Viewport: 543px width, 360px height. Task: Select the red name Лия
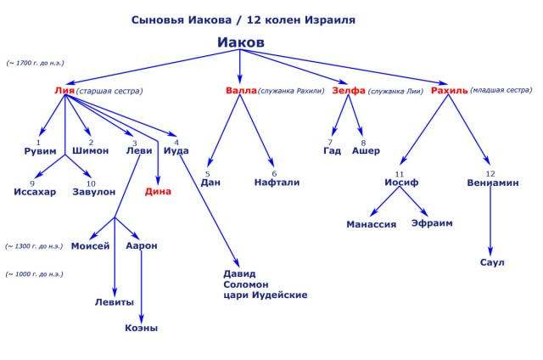pyautogui.click(x=64, y=90)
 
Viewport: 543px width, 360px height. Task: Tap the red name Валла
pyautogui.click(x=241, y=90)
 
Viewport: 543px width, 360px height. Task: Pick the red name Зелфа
pyautogui.click(x=348, y=90)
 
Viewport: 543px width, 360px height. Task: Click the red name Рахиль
pyautogui.click(x=449, y=90)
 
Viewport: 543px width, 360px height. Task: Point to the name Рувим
pyautogui.click(x=40, y=151)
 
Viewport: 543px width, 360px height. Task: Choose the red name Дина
pyautogui.click(x=158, y=191)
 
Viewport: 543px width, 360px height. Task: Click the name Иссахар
pyautogui.click(x=35, y=192)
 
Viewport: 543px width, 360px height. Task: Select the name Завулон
pyautogui.click(x=93, y=192)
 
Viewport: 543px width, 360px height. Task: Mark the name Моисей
pyautogui.click(x=91, y=246)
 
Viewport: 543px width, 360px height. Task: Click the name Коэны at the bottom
pyautogui.click(x=141, y=328)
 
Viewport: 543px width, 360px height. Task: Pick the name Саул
pyautogui.click(x=492, y=262)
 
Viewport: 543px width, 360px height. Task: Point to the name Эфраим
pyautogui.click(x=432, y=223)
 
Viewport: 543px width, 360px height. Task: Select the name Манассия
pyautogui.click(x=372, y=224)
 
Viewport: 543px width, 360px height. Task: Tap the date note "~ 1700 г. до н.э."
pyautogui.click(x=36, y=63)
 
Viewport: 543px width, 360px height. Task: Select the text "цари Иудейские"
pyautogui.click(x=266, y=295)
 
